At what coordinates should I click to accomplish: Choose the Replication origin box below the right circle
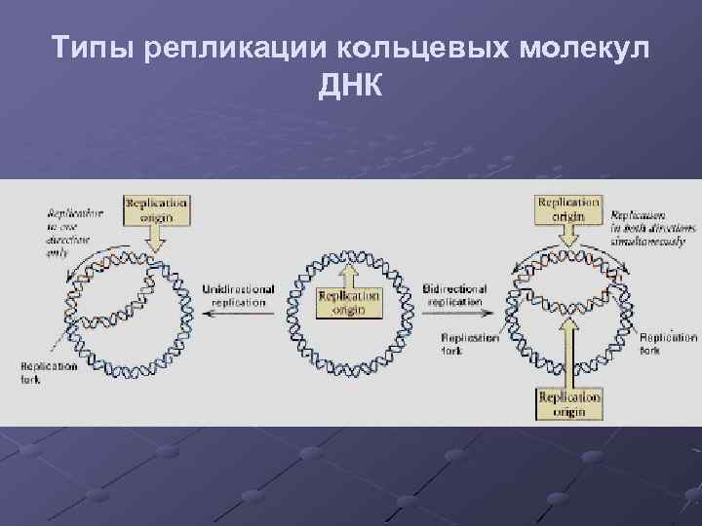(569, 405)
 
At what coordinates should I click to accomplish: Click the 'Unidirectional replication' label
(238, 296)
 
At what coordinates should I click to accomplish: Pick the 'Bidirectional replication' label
(455, 296)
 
